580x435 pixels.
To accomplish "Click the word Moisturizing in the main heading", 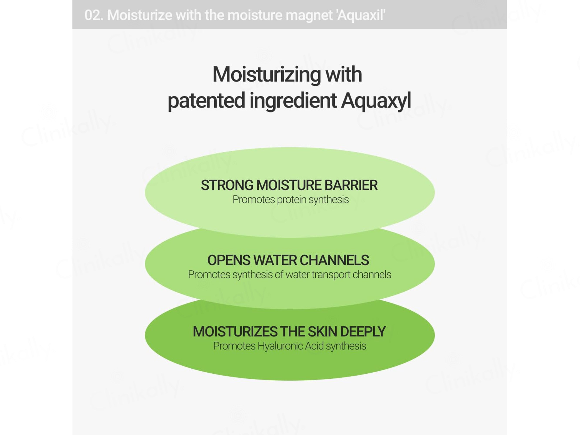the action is point(267,75).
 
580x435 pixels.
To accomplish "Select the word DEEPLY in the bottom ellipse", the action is point(363,332).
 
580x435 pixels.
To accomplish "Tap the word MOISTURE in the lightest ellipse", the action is point(289,185).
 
